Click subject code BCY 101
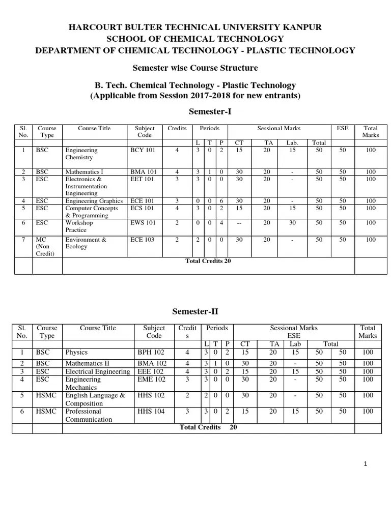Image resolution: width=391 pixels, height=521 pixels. (x=143, y=151)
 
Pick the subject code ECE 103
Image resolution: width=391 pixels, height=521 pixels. (x=143, y=240)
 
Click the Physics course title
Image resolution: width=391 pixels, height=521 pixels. (x=76, y=352)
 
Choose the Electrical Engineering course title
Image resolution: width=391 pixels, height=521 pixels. (x=97, y=371)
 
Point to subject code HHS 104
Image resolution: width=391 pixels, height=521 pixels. (x=151, y=411)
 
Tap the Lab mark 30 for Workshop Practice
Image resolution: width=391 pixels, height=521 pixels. (x=293, y=223)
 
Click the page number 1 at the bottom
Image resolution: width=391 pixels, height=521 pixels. (x=366, y=464)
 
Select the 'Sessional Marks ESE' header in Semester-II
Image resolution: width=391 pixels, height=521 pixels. (x=294, y=332)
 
